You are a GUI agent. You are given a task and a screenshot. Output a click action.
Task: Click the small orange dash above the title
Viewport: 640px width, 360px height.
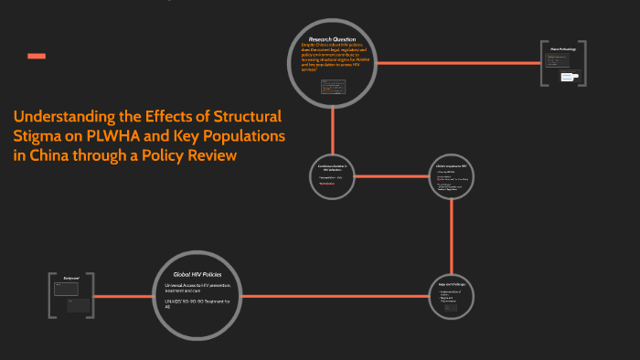(x=37, y=57)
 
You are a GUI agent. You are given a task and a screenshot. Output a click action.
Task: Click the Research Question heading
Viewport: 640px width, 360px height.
(x=331, y=40)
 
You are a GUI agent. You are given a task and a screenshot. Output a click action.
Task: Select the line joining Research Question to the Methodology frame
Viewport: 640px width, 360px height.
(x=457, y=63)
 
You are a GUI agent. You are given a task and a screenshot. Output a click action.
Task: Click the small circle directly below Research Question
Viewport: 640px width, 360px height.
(x=333, y=176)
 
